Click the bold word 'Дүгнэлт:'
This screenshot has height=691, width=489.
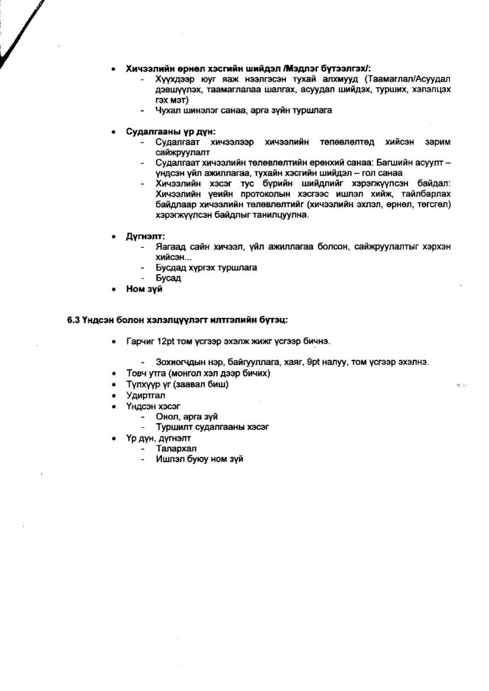pyautogui.click(x=145, y=236)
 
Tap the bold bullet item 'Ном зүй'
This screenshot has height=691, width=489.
pyautogui.click(x=145, y=289)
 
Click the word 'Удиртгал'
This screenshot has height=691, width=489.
pyautogui.click(x=146, y=395)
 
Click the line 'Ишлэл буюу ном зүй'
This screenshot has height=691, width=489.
pyautogui.click(x=198, y=459)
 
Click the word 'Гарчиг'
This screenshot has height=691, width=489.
pyautogui.click(x=140, y=342)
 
